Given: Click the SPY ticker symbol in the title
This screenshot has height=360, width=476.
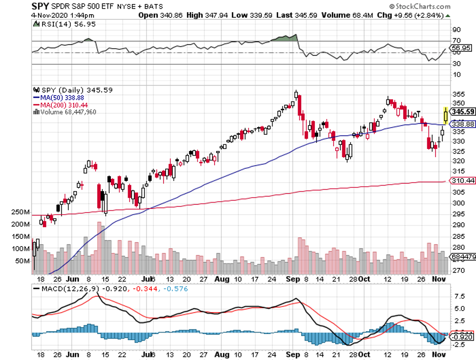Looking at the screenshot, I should pos(41,7).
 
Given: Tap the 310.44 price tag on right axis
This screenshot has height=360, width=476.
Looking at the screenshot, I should pos(463,181).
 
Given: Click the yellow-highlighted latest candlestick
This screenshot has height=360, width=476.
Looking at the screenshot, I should pos(446,115).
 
